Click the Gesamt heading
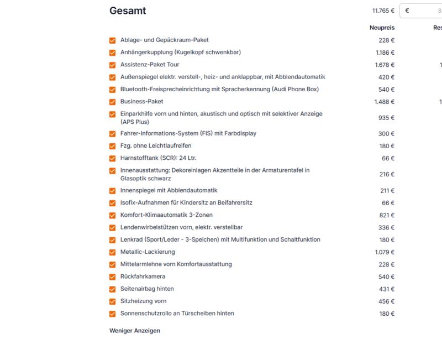coord(128,11)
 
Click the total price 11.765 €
coord(383,11)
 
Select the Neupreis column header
coord(382,28)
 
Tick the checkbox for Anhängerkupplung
coord(113,53)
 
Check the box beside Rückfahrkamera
coord(113,276)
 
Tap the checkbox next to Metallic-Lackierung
coord(113,252)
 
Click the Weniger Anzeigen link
coord(135,331)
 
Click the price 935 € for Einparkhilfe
coord(386,118)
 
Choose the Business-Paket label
coord(141,101)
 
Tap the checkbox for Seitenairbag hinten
coord(113,289)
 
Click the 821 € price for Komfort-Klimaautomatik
coord(386,215)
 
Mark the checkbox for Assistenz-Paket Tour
coord(113,65)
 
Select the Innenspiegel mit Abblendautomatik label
coord(169,191)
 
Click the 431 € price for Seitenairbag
coord(386,289)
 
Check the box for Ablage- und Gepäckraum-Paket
coord(113,40)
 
